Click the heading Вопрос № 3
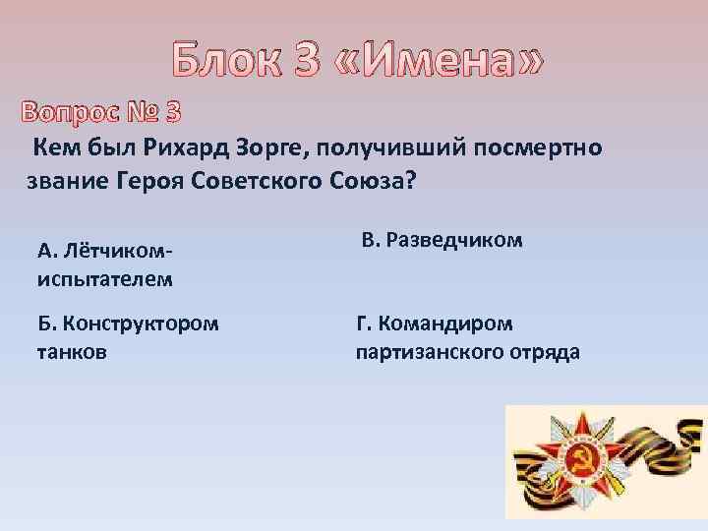[x=97, y=112]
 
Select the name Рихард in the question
[x=183, y=148]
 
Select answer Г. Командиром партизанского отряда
[x=466, y=336]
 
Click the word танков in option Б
[x=71, y=351]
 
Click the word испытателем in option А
[x=105, y=278]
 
